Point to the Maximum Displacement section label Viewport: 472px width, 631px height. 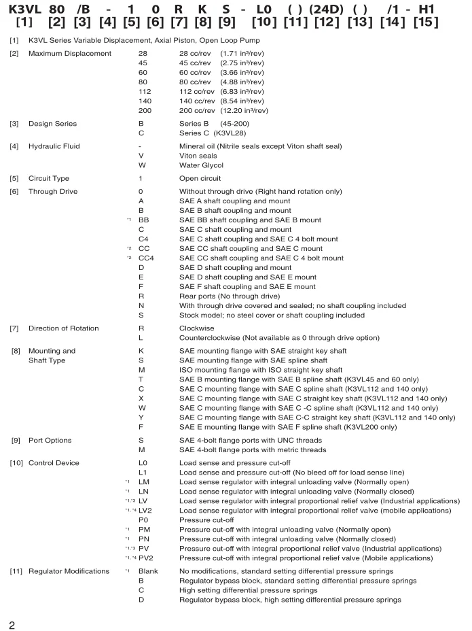pos(70,53)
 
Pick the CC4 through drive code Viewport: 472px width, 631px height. pos(145,258)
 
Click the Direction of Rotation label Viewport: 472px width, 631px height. pos(64,328)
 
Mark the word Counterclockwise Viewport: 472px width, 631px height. pos(212,338)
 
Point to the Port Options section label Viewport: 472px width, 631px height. pos(50,441)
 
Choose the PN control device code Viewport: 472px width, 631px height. pos(145,539)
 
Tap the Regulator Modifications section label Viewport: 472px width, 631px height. pos(69,571)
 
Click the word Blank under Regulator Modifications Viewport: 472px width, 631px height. pos(148,571)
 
